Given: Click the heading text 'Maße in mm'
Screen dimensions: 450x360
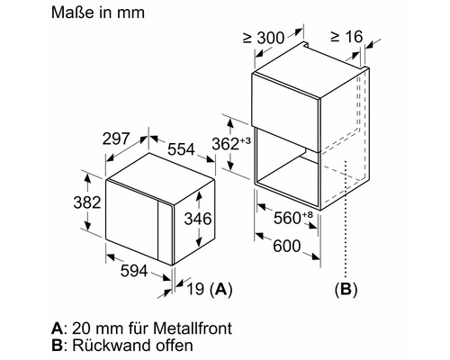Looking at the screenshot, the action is pyautogui.click(x=98, y=13).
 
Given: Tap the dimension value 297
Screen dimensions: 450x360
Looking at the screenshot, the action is pyautogui.click(x=116, y=139).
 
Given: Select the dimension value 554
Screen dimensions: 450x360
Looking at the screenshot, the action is pyautogui.click(x=181, y=149).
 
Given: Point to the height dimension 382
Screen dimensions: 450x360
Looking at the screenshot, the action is pyautogui.click(x=87, y=202).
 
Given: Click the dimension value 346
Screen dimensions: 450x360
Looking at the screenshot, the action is pyautogui.click(x=198, y=219).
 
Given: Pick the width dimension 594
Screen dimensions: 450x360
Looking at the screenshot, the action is pyautogui.click(x=134, y=271).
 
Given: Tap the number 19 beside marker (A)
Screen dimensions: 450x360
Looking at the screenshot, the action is pyautogui.click(x=195, y=289).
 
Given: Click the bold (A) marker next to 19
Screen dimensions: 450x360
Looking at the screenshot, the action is pyautogui.click(x=221, y=289).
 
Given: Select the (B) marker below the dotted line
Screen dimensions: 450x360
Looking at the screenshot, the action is pyautogui.click(x=346, y=289).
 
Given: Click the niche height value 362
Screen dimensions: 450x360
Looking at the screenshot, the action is pyautogui.click(x=226, y=144).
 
